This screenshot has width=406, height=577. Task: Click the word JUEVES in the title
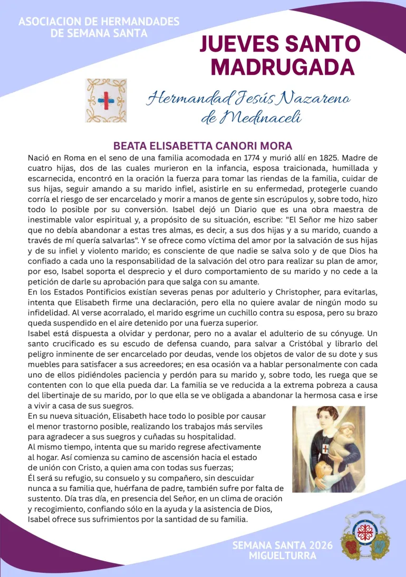point(240,44)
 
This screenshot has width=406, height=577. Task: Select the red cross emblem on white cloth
point(107,100)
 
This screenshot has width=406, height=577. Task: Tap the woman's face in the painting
point(324,421)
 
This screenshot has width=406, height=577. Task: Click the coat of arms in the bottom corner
point(366,538)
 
